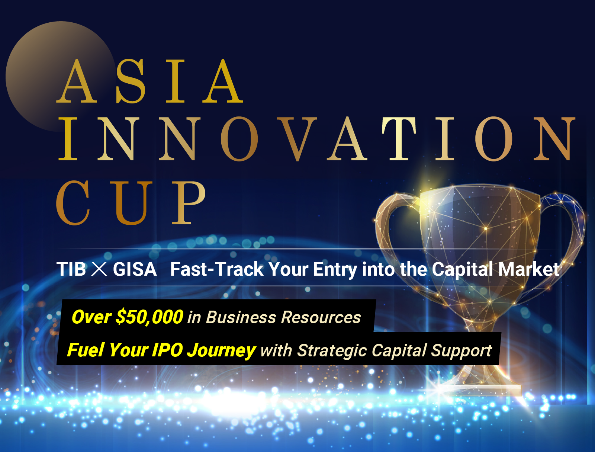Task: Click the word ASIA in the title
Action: coord(149,81)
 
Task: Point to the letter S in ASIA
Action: coord(131,81)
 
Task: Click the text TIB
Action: coord(71,269)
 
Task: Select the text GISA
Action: coord(135,269)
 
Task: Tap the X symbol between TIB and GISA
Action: coord(99,269)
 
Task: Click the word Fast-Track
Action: coord(217,269)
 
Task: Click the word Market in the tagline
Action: coord(529,269)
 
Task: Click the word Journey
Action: coord(222,351)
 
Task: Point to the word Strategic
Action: coord(332,351)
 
